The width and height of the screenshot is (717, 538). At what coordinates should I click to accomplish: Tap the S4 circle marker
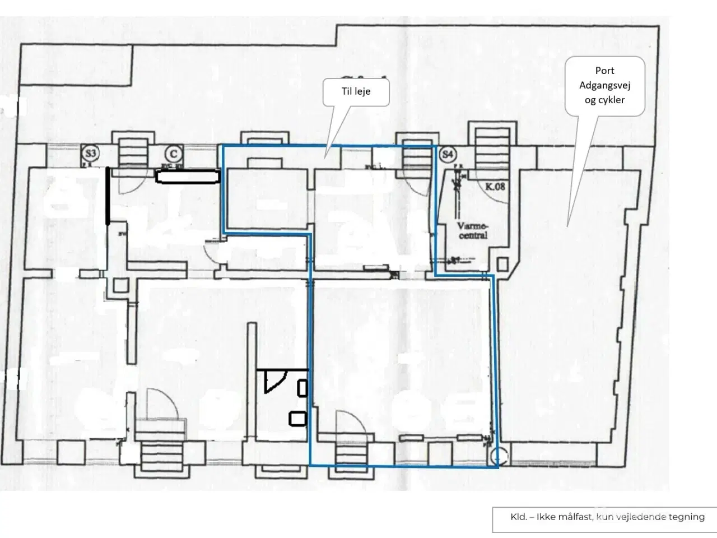click(447, 154)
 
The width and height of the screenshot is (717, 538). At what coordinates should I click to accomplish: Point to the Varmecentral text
click(472, 231)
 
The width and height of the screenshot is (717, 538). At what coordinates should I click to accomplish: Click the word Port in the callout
click(604, 71)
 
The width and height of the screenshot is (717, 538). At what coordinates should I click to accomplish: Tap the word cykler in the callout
click(604, 100)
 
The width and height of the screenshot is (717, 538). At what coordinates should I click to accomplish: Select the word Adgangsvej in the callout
click(604, 86)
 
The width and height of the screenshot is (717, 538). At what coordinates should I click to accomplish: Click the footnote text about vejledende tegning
click(607, 517)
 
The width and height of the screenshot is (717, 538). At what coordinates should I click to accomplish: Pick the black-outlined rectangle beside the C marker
click(187, 178)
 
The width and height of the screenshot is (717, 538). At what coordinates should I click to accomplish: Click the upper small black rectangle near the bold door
click(302, 388)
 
